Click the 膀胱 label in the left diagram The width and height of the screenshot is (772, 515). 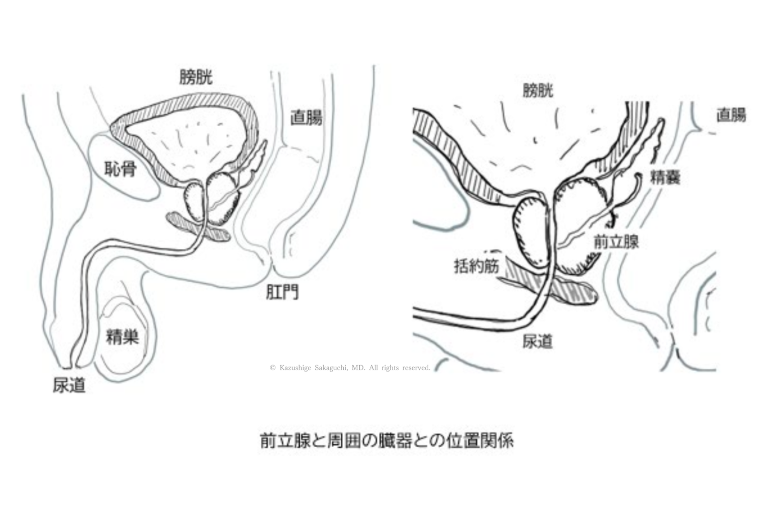tap(196, 77)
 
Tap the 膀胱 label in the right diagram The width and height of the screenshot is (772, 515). tap(538, 91)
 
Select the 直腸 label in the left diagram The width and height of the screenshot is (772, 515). tap(306, 118)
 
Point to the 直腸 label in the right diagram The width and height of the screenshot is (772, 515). tap(731, 115)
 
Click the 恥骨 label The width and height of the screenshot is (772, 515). tap(121, 169)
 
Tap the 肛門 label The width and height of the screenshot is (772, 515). tap(282, 292)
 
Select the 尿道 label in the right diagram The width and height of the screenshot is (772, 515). tap(537, 341)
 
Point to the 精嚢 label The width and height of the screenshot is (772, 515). tap(665, 177)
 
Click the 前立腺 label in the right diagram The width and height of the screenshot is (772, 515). tap(616, 242)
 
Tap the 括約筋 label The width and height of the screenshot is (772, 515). tap(476, 266)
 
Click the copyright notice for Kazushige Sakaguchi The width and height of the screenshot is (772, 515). tap(350, 368)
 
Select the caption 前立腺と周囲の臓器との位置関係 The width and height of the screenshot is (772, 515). tap(387, 441)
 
